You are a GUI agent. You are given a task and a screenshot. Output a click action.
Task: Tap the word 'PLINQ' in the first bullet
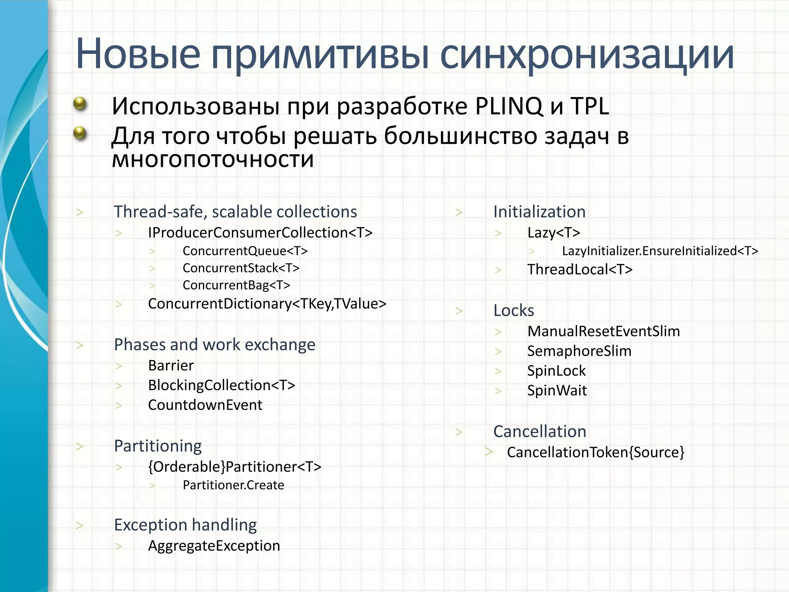[509, 106]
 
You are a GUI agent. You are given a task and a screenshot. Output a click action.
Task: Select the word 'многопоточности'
[213, 159]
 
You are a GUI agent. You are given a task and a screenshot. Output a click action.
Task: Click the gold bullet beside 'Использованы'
[80, 103]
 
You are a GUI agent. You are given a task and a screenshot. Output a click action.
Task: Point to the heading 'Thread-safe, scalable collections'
[235, 212]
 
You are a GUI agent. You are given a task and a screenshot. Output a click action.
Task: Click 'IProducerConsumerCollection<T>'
[260, 232]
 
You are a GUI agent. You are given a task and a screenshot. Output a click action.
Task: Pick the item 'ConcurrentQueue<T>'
[245, 251]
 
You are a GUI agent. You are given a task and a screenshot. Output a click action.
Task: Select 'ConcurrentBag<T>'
[236, 285]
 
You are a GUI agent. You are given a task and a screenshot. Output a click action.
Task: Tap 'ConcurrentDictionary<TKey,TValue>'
[267, 304]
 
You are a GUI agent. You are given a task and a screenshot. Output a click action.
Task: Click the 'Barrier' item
[171, 365]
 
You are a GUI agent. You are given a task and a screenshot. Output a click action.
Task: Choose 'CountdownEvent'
[205, 405]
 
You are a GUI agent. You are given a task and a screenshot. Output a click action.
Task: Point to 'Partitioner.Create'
[233, 485]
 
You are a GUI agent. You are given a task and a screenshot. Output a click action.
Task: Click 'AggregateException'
[214, 546]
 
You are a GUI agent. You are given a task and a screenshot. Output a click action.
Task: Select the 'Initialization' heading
[539, 212]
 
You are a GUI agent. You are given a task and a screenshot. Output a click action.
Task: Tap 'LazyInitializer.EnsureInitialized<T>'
[660, 251]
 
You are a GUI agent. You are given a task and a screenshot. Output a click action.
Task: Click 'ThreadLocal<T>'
[580, 269]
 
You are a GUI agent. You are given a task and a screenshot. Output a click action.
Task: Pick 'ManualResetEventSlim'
[603, 331]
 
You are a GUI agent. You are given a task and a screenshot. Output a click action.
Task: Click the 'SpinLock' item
[556, 371]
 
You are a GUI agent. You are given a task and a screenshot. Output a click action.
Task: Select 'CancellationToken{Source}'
[596, 452]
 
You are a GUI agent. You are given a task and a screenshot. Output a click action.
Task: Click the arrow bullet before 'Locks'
[459, 311]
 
